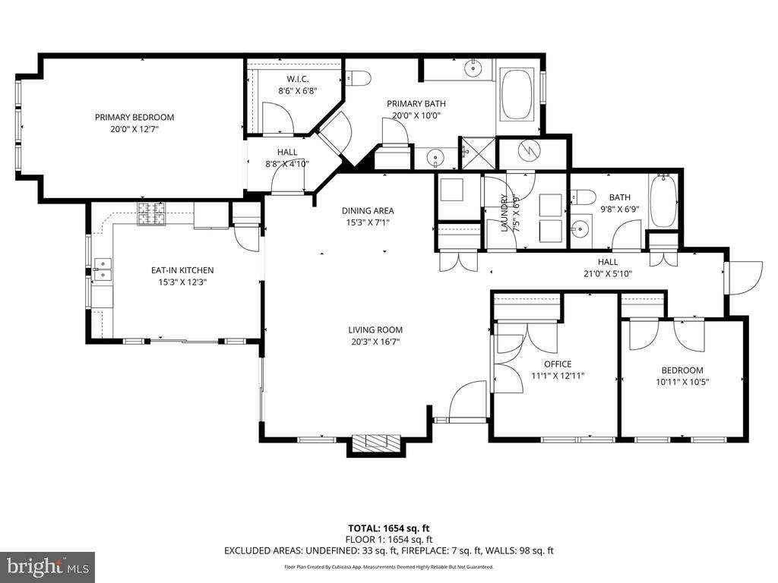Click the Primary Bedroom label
click(x=134, y=118)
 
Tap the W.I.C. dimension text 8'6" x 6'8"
click(x=297, y=91)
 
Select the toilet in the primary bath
click(x=359, y=78)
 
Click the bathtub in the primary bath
click(x=517, y=95)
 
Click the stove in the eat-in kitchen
click(x=152, y=214)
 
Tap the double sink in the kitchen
click(x=103, y=269)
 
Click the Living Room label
click(x=375, y=329)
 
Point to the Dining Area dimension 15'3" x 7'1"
click(x=368, y=222)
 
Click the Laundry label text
click(x=504, y=213)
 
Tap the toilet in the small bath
click(x=583, y=197)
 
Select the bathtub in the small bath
click(x=663, y=200)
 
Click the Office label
click(x=558, y=364)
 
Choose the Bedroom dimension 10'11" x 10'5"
click(x=682, y=382)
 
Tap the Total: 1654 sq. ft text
click(x=388, y=528)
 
